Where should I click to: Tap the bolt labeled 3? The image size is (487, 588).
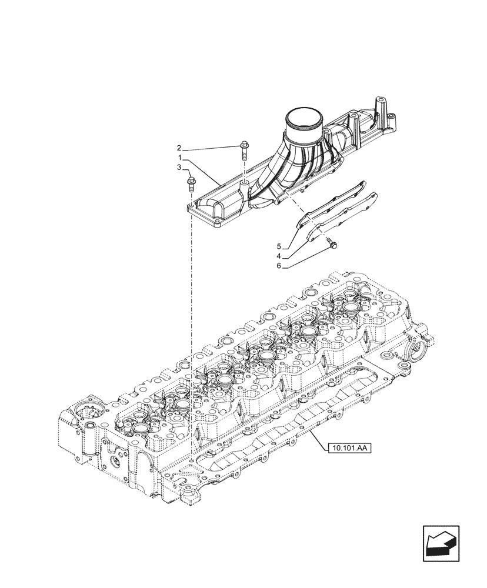[x=191, y=183]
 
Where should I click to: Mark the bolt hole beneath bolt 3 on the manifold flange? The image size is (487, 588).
[x=192, y=207]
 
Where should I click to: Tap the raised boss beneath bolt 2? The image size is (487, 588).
[x=242, y=187]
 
